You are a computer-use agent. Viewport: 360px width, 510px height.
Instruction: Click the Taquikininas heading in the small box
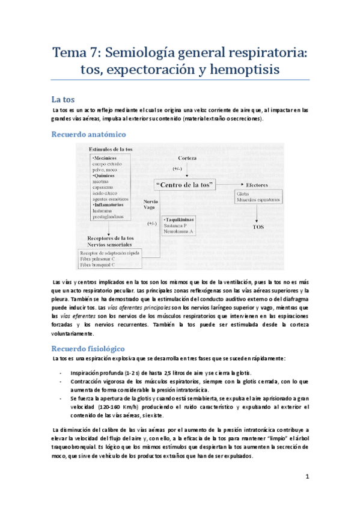(184, 221)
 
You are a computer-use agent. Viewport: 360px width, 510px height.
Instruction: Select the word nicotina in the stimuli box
(102, 180)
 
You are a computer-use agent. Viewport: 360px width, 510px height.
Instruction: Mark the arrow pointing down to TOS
(257, 214)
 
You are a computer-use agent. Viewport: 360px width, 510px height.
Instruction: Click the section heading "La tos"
(62, 99)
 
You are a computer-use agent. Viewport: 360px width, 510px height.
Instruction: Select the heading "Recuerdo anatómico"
(88, 134)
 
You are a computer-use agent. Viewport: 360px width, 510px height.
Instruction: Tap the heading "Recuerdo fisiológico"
(88, 348)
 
